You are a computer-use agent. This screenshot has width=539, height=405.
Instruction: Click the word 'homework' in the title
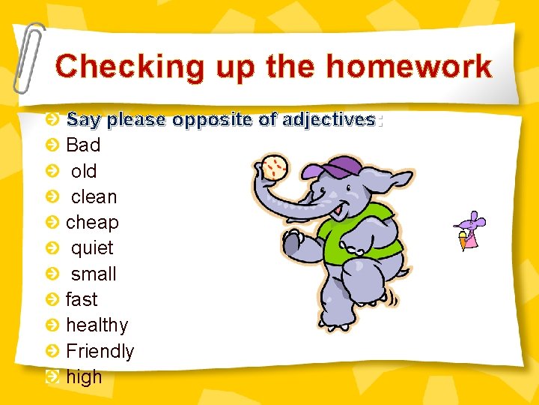tap(409, 67)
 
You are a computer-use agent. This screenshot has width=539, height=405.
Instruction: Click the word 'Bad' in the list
tap(83, 145)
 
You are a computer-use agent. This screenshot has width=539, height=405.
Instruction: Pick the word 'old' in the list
tap(84, 171)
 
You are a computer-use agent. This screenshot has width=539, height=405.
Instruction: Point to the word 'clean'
tap(94, 196)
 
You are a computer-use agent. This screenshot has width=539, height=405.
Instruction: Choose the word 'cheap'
tap(92, 223)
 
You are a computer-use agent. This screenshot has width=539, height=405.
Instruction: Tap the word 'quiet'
tap(92, 248)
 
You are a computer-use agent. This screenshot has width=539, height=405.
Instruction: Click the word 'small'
tap(94, 274)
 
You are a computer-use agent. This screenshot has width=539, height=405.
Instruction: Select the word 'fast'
tap(82, 299)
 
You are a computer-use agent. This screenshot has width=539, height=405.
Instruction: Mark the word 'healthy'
tap(97, 325)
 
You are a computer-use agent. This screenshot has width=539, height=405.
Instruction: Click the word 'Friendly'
tap(100, 351)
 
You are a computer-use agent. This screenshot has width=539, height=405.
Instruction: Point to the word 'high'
tap(84, 376)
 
